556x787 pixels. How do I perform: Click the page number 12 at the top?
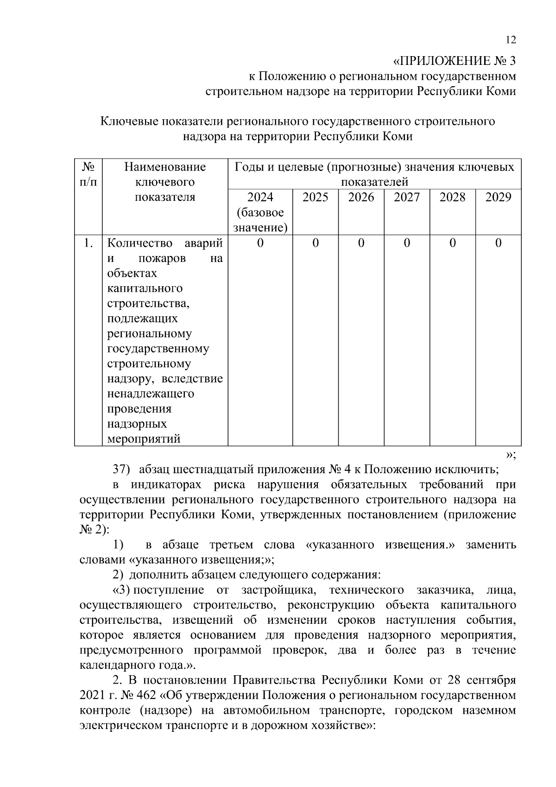click(510, 40)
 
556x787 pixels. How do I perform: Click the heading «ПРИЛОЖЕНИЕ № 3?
click(454, 61)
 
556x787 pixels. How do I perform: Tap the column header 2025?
click(315, 198)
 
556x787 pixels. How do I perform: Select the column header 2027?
click(406, 198)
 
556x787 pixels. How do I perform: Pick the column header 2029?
click(498, 198)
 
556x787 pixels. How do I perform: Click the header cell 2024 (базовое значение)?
click(260, 212)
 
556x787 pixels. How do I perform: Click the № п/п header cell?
click(88, 174)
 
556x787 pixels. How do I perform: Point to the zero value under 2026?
click(361, 243)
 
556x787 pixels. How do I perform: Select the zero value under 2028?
click(452, 243)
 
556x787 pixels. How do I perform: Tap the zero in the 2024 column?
click(260, 243)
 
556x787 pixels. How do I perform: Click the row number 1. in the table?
click(88, 243)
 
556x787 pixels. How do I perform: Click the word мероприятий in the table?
click(144, 439)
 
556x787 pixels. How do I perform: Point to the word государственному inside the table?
click(158, 349)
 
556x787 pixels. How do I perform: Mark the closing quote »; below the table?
click(510, 455)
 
